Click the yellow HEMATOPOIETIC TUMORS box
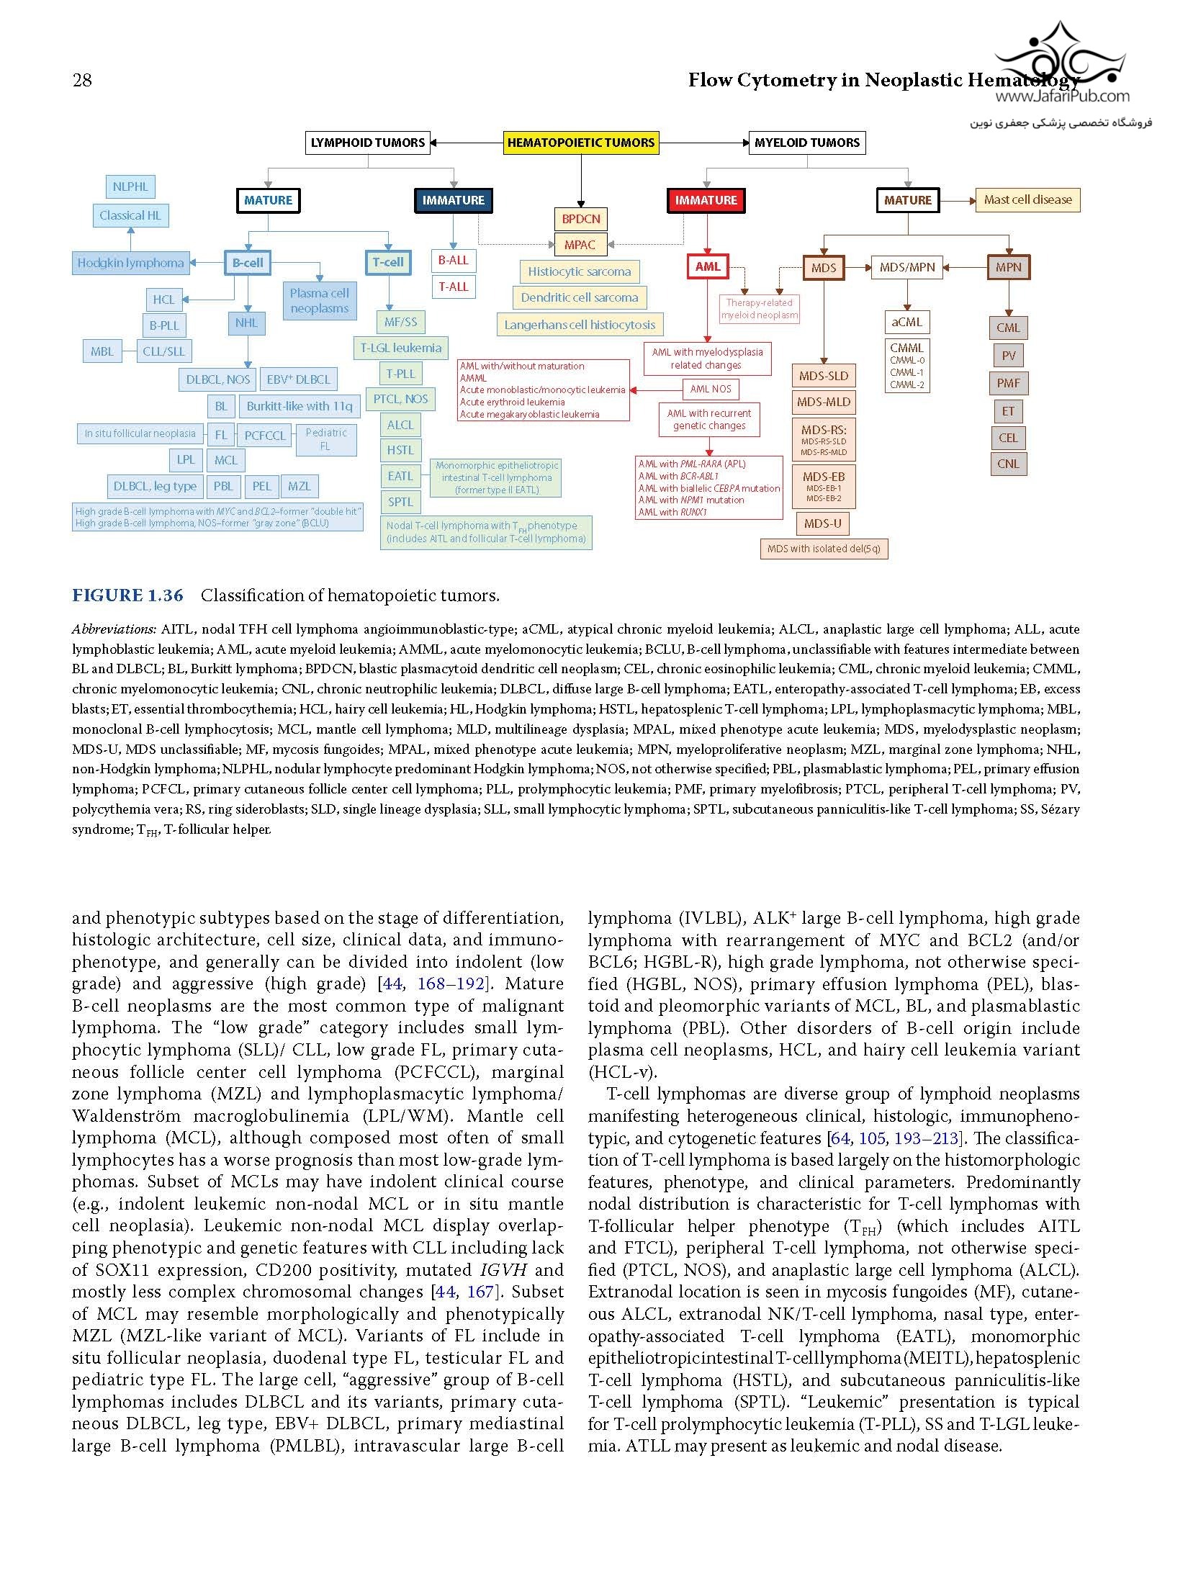pos(581,143)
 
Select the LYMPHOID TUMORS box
pos(368,143)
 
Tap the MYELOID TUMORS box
pos(807,143)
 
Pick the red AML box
pos(708,266)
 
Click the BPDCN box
pos(581,219)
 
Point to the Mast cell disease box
pos(1027,199)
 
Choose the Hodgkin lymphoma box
pos(130,263)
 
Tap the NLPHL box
pos(130,186)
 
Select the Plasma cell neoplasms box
pos(319,301)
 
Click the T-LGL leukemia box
pos(401,348)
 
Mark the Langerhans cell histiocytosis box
pos(580,325)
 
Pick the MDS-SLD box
pos(824,376)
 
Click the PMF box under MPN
pos(1008,383)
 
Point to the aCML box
pos(906,322)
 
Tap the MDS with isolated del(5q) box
pos(824,549)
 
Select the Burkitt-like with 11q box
pos(300,406)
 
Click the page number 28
pos(82,80)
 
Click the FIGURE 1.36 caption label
pos(127,595)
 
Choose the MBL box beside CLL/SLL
pos(102,351)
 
